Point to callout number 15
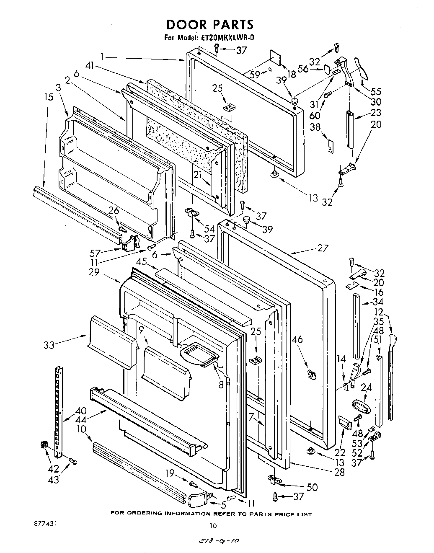[49, 97]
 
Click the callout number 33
[49, 345]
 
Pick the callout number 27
[322, 248]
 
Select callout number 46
[298, 340]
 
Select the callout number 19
[169, 474]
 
